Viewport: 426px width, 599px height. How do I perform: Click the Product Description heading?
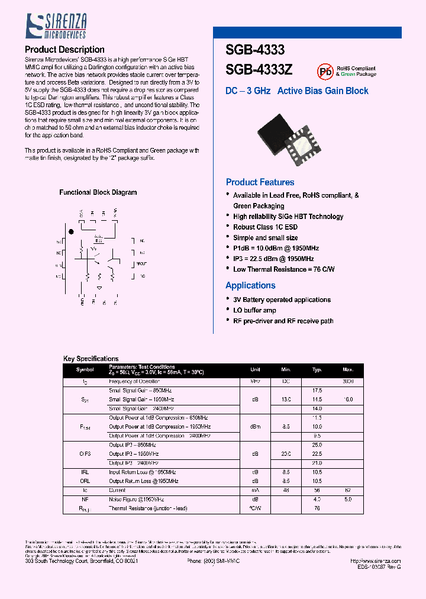[65, 50]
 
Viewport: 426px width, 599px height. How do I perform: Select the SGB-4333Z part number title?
[259, 70]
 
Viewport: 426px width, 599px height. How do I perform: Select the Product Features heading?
[260, 182]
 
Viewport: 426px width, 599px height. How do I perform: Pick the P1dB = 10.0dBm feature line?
[276, 249]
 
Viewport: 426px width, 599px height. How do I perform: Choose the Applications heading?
[250, 285]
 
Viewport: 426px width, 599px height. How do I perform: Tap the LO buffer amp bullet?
[254, 310]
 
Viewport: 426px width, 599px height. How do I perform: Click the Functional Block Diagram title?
[98, 192]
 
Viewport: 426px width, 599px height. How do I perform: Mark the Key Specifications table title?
[91, 359]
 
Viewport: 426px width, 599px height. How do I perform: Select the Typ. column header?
[317, 369]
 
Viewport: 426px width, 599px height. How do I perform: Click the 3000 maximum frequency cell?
[348, 382]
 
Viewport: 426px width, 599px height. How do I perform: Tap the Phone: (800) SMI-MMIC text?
[214, 561]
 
